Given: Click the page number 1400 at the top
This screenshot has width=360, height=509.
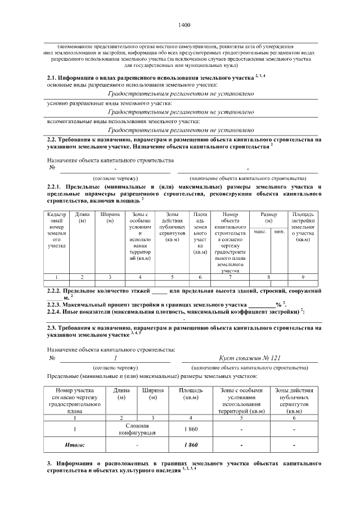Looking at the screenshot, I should pyautogui.click(x=184, y=25).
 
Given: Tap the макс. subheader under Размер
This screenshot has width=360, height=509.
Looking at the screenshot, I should pyautogui.click(x=260, y=231).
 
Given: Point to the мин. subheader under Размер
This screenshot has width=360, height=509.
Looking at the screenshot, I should pyautogui.click(x=278, y=231).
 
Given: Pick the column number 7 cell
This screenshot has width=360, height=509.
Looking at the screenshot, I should pyautogui.click(x=230, y=277).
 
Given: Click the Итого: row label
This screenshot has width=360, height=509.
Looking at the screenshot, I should pyautogui.click(x=75, y=445).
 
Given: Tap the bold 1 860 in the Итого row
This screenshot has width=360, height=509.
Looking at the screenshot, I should pyautogui.click(x=191, y=445).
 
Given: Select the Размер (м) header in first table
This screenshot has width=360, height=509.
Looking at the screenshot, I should pyautogui.click(x=269, y=218).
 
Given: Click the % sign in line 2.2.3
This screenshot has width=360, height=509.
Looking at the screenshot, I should pyautogui.click(x=278, y=304).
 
